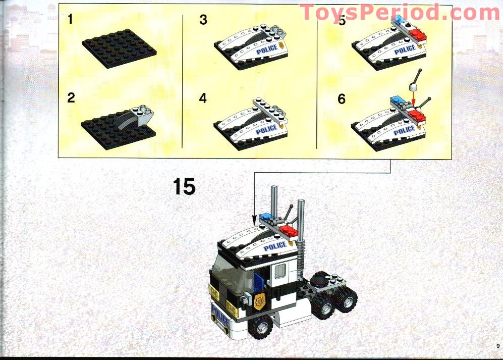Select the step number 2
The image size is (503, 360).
(71, 97)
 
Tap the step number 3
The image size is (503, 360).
(203, 20)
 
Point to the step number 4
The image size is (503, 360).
(203, 98)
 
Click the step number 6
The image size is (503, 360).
(342, 99)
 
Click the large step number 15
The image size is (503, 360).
(184, 186)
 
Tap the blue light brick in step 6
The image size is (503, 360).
(397, 100)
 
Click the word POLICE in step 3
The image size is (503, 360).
(266, 51)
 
